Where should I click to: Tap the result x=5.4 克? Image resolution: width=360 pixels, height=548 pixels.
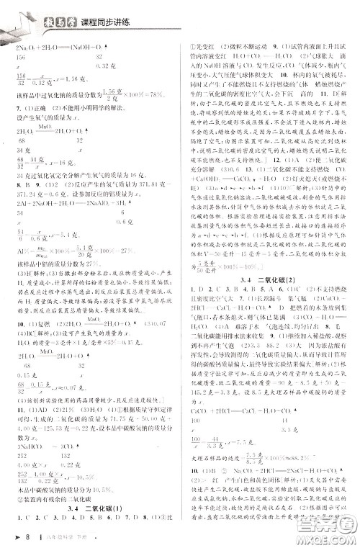coord(68,234)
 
